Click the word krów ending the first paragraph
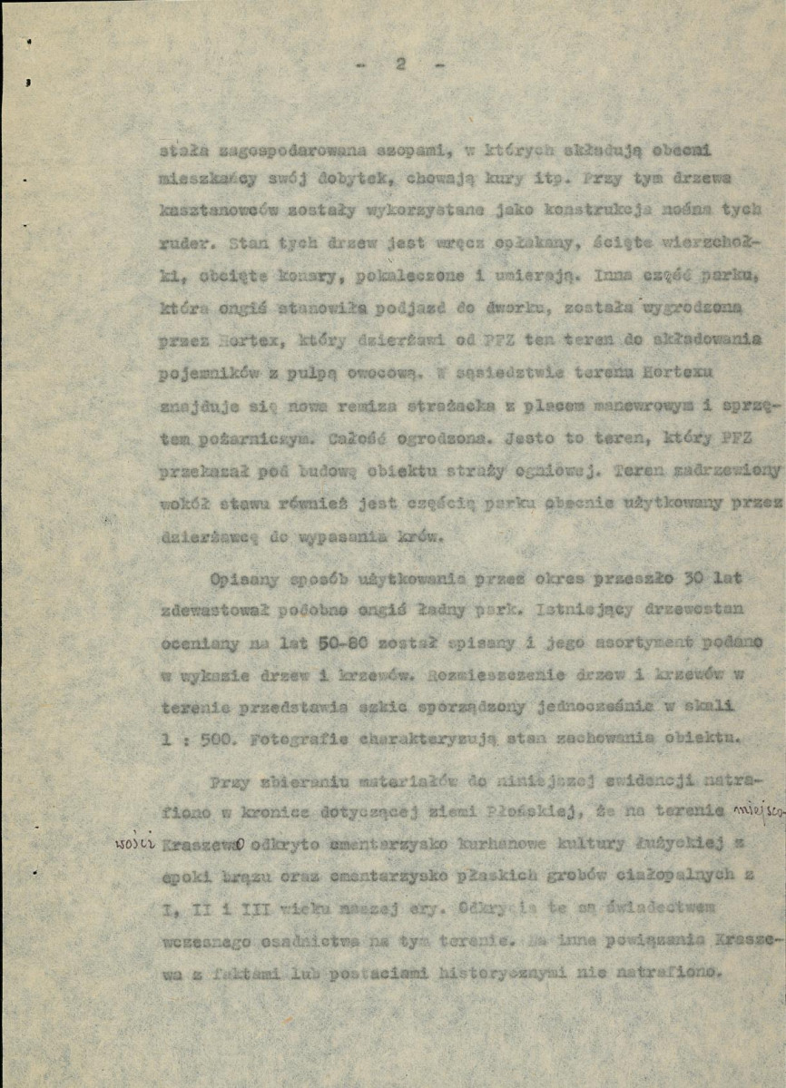tap(420, 536)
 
